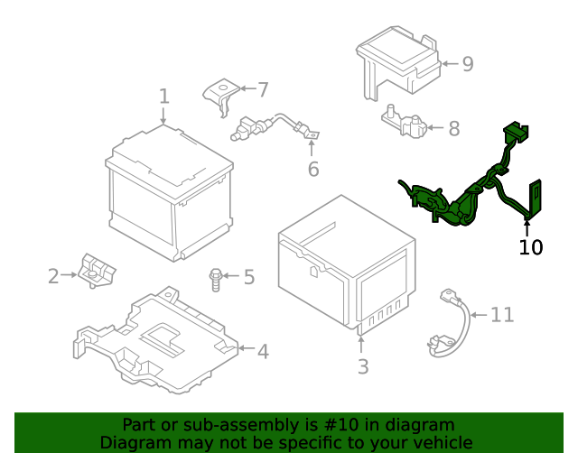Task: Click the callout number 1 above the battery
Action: click(164, 96)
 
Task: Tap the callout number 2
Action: click(53, 275)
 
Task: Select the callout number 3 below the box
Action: click(362, 366)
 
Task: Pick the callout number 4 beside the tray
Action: click(262, 351)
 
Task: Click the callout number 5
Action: click(248, 277)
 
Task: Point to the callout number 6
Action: click(313, 169)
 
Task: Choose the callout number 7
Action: click(263, 89)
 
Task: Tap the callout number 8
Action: click(453, 127)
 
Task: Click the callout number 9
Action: click(467, 64)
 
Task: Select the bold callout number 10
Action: click(531, 246)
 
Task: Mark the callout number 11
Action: click(502, 315)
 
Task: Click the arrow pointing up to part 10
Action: click(527, 225)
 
